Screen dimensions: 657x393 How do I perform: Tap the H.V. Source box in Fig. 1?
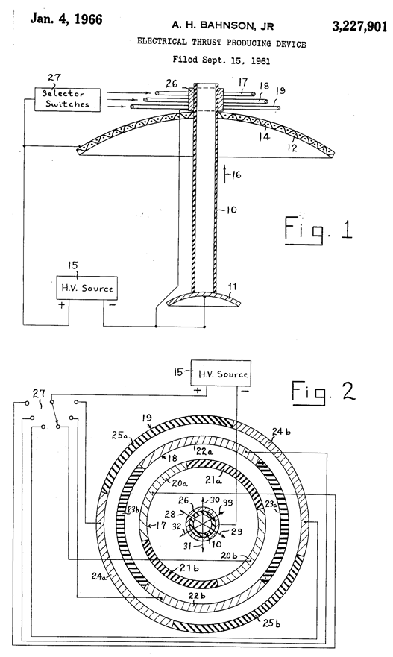tap(89, 286)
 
